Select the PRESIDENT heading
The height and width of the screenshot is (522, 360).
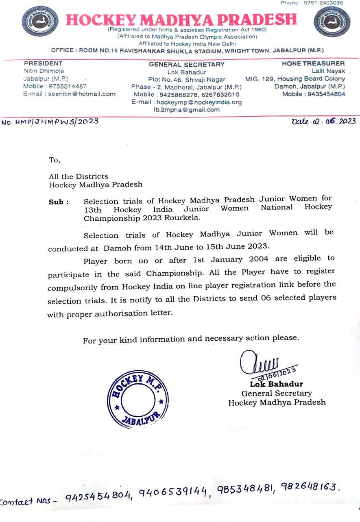(43, 63)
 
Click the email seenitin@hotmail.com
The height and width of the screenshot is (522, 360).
(69, 94)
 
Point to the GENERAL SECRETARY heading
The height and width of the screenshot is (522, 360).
(187, 64)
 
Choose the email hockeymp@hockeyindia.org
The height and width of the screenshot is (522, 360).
(187, 102)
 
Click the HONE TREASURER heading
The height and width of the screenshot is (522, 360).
(313, 63)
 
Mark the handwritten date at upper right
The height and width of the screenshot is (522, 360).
(323, 121)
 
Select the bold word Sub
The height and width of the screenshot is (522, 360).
(56, 202)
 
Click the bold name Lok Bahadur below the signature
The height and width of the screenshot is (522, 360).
(276, 384)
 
